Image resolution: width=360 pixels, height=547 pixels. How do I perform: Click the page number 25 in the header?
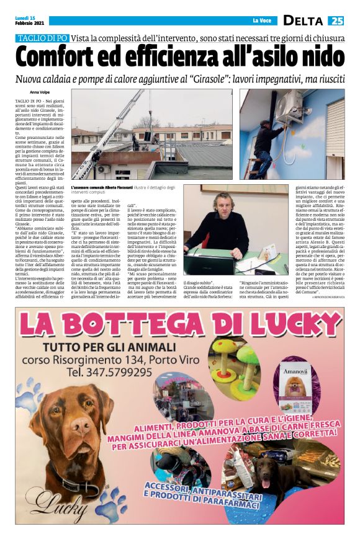pyautogui.click(x=336, y=20)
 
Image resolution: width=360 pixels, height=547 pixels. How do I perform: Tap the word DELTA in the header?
pyautogui.click(x=302, y=20)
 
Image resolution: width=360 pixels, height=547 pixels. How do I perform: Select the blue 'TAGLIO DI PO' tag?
pyautogui.click(x=42, y=38)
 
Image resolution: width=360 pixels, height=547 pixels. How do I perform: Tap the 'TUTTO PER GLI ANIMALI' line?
pyautogui.click(x=116, y=342)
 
